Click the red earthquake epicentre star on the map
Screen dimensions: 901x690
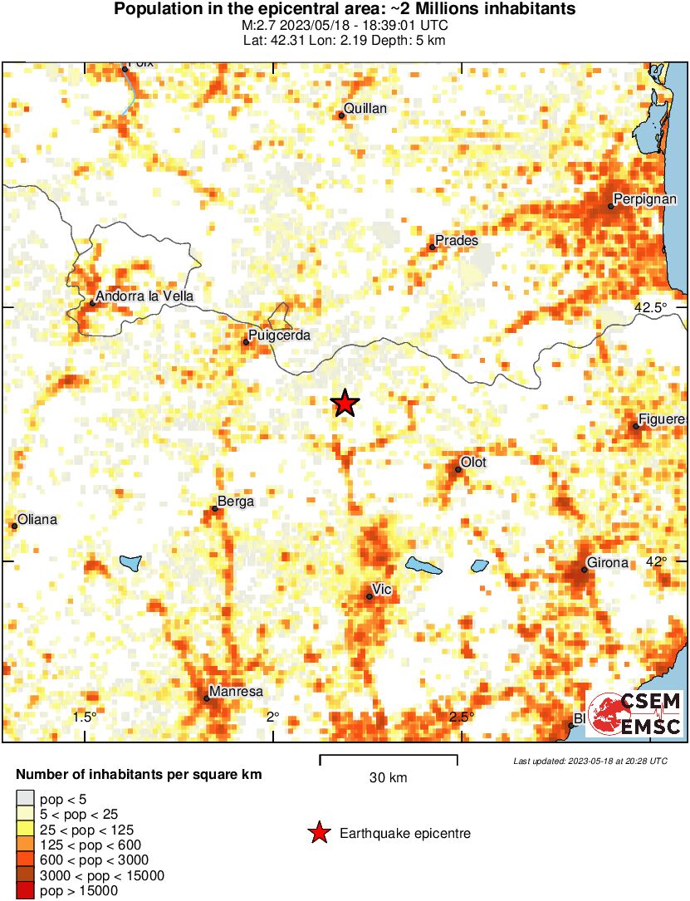tap(345, 404)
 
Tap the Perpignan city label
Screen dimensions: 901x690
tap(644, 199)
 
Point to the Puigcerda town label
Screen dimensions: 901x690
tap(280, 335)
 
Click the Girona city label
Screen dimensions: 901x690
tap(608, 563)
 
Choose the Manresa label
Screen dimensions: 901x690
tap(236, 691)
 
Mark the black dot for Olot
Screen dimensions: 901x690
tap(458, 470)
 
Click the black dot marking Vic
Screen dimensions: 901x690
tap(369, 596)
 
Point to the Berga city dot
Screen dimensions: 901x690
tap(215, 509)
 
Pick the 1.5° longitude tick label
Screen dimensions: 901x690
tap(85, 717)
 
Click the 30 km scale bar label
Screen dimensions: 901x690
tap(389, 778)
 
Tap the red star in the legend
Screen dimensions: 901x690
tap(318, 833)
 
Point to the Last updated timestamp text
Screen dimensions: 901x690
tap(590, 761)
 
